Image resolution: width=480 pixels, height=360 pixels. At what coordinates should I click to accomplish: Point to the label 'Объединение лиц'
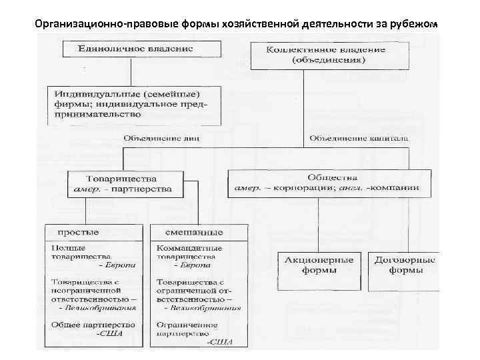coord(161,139)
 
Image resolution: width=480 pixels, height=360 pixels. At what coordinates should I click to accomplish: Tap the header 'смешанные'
coord(197,232)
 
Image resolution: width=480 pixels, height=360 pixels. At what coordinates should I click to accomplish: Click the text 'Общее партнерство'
coord(92,325)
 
